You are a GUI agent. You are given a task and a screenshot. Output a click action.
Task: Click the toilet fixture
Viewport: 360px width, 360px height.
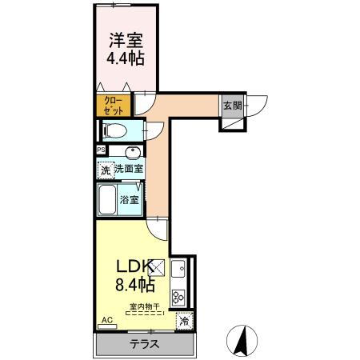tap(114, 130)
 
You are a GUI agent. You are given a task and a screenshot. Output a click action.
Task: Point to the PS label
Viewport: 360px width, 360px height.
tap(100, 150)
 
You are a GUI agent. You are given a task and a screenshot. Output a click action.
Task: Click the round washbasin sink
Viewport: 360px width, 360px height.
tap(132, 152)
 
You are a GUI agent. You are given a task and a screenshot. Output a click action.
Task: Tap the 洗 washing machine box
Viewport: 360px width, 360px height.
tap(104, 170)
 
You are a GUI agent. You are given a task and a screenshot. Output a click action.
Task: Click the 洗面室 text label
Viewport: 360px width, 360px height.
tap(128, 169)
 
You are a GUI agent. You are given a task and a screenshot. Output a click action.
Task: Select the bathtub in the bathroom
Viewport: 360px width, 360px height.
tap(107, 199)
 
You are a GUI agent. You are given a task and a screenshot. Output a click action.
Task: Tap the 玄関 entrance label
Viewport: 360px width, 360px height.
tap(231, 106)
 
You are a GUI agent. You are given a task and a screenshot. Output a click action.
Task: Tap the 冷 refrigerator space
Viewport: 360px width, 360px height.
tap(184, 322)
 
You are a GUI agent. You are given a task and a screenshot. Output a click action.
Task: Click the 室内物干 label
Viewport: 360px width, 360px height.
tap(142, 306)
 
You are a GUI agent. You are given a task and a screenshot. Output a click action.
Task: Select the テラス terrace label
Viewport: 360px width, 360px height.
tap(144, 345)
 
